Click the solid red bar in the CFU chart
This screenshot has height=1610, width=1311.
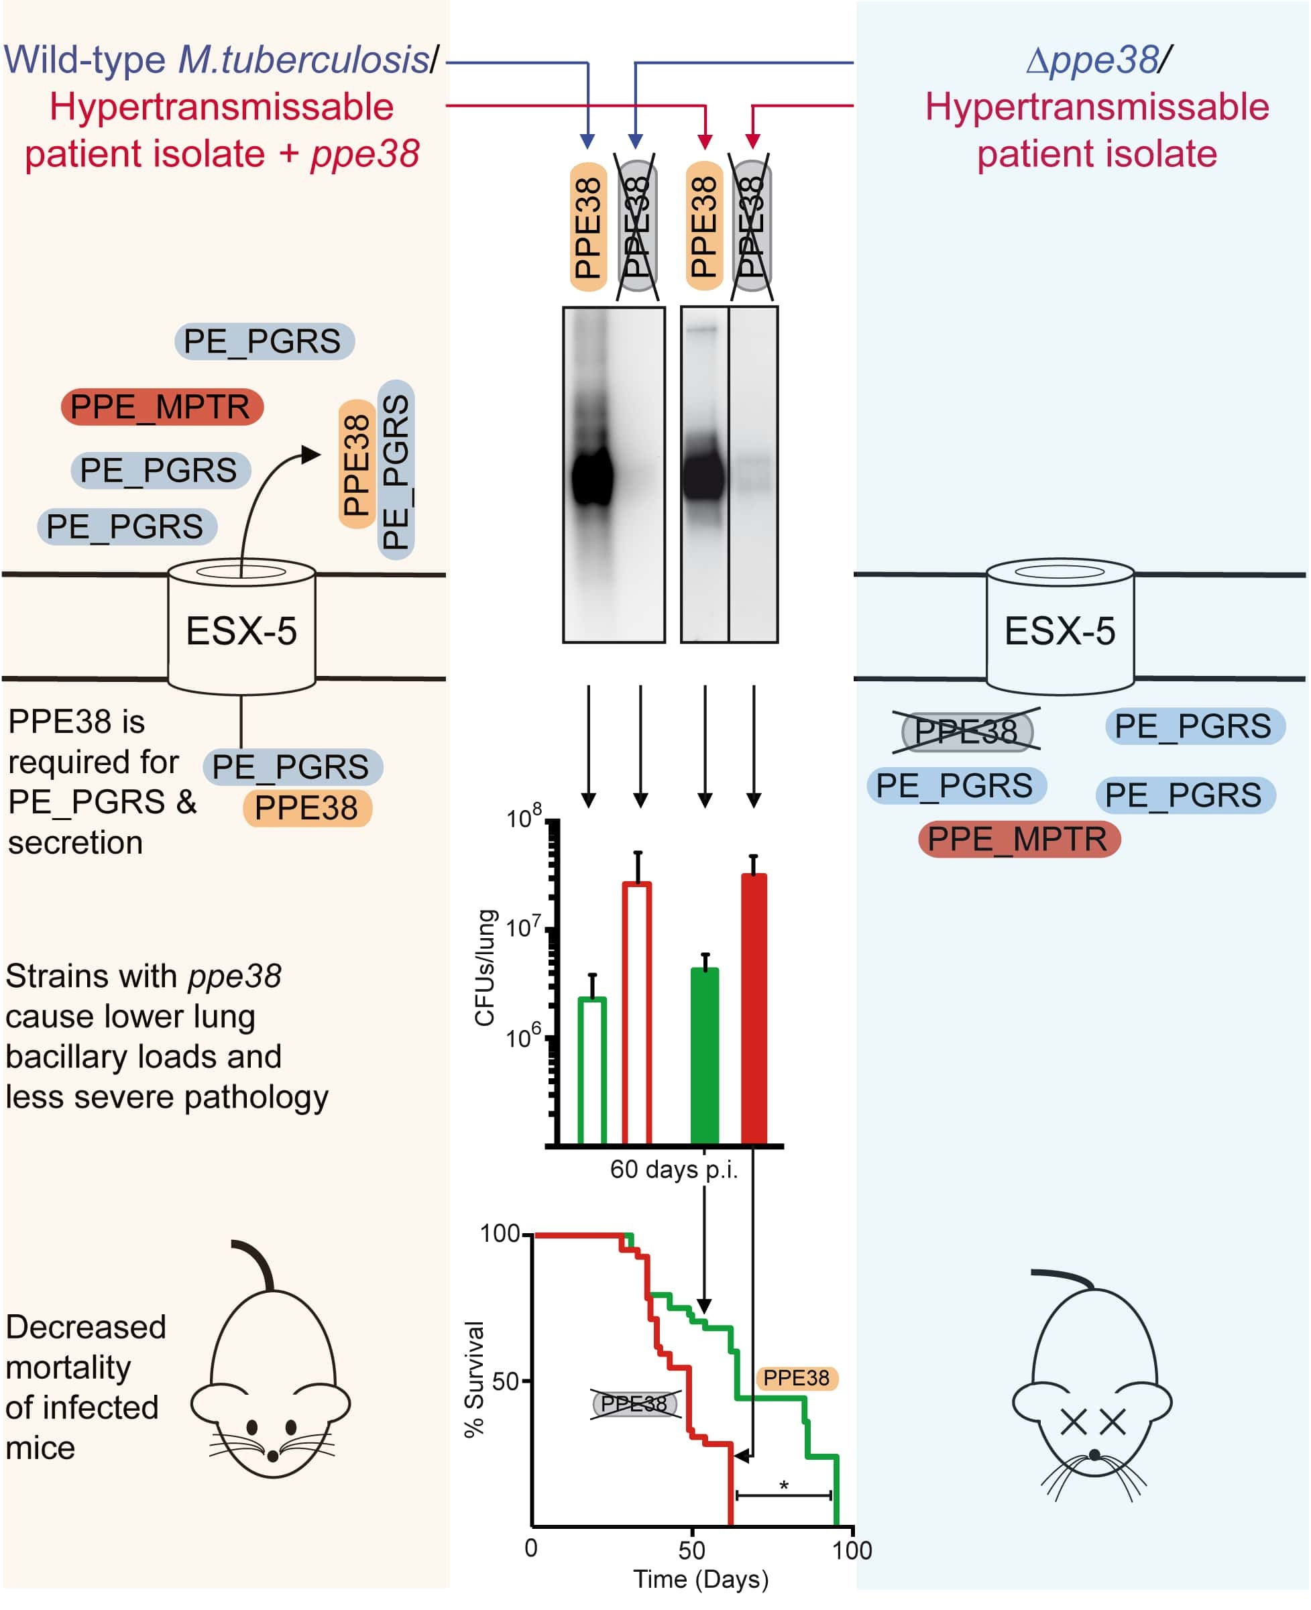(754, 1009)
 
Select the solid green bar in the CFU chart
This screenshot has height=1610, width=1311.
(705, 1055)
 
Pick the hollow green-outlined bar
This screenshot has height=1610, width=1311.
(592, 1071)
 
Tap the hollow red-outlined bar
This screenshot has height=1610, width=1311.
(637, 1013)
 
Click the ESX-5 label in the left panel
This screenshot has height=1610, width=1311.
(241, 631)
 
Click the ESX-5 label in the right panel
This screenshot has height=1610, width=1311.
(1060, 631)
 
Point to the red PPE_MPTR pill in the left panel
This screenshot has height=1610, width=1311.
(162, 407)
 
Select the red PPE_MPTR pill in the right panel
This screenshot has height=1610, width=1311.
(1019, 839)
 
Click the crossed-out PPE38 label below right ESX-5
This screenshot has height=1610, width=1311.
(966, 731)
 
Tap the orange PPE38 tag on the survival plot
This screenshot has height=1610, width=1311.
(796, 1378)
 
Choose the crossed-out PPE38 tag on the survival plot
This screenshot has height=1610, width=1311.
(634, 1404)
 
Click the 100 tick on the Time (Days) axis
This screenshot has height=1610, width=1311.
(852, 1550)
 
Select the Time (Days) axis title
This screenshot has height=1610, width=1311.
(701, 1580)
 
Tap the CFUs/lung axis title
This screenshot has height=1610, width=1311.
(485, 968)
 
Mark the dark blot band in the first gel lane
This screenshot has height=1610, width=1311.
(592, 475)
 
